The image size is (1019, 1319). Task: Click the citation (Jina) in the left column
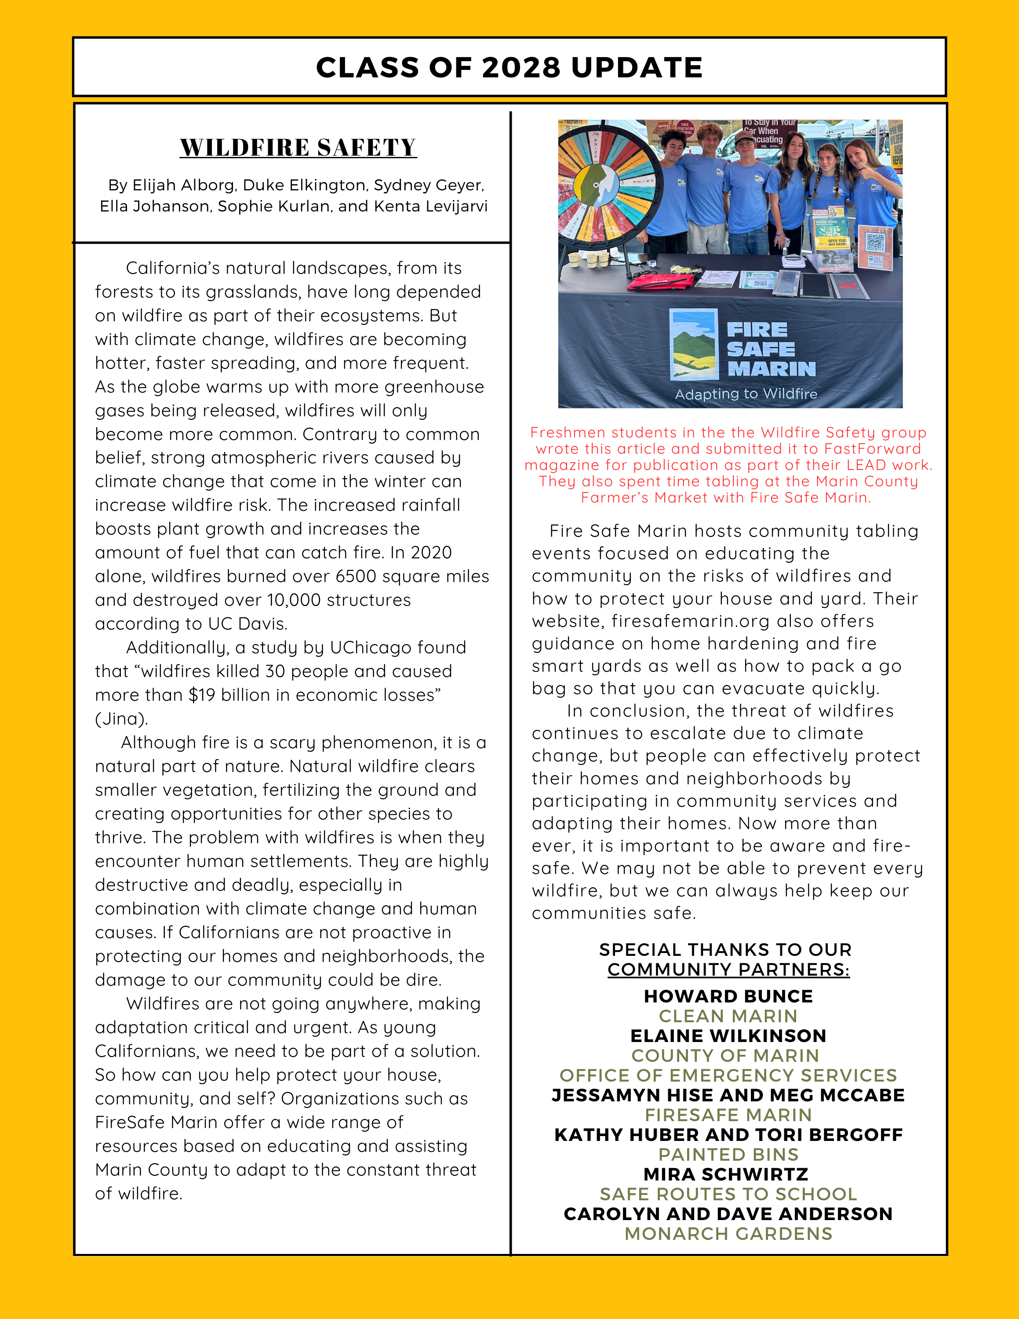point(121,719)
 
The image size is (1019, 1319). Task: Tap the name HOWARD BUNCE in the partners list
point(728,996)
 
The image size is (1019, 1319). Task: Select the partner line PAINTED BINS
point(728,1154)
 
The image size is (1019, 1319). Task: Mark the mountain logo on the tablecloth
point(694,344)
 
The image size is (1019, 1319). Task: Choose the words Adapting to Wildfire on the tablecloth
point(746,394)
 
